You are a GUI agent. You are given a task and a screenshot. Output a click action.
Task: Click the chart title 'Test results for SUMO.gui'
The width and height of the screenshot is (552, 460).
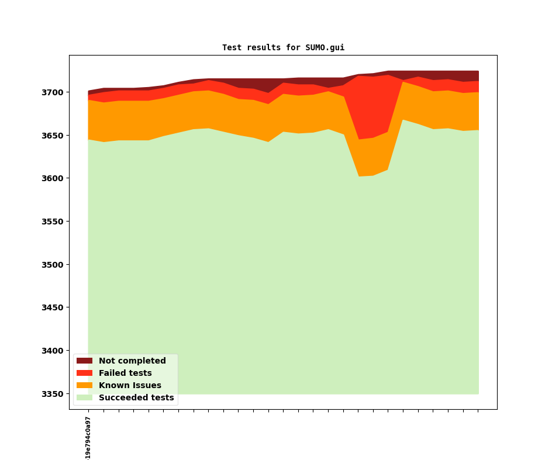point(283,48)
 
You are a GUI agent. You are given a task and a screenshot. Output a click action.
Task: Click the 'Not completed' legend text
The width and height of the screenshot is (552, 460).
point(132,361)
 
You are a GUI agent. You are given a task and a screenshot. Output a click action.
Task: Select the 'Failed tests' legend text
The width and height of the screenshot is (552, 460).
point(125,373)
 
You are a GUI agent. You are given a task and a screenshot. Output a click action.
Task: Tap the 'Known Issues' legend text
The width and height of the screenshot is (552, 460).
point(130,386)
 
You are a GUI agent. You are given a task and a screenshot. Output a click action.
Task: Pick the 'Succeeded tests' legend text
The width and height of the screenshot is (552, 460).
point(136,398)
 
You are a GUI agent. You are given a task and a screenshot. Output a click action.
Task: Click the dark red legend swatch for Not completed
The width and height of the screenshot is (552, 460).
point(84,361)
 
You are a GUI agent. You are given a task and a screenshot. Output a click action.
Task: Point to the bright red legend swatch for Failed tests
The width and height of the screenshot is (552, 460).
point(84,373)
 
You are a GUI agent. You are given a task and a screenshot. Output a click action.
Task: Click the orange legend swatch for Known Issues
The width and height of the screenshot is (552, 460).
point(84,386)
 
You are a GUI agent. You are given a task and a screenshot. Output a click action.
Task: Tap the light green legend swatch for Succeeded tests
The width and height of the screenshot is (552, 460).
point(84,398)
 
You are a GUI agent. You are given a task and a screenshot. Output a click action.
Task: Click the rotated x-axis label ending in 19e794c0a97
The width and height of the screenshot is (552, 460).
point(88,438)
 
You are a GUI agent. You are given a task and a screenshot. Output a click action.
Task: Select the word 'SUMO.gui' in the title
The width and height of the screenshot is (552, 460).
point(325,48)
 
